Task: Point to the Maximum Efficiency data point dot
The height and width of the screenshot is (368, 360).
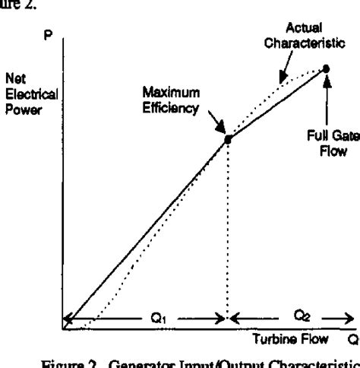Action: click(226, 139)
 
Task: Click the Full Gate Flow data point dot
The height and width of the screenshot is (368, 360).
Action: click(326, 68)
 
